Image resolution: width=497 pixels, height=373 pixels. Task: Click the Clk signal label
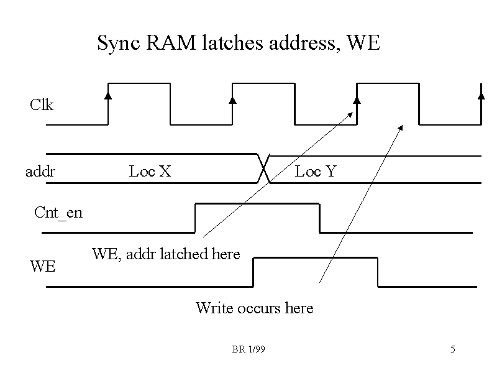pyautogui.click(x=42, y=105)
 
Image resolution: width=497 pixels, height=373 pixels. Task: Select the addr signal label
pyautogui.click(x=40, y=171)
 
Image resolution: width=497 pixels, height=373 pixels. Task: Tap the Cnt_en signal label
pyautogui.click(x=58, y=213)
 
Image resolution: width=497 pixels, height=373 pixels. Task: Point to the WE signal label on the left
pyautogui.click(x=43, y=267)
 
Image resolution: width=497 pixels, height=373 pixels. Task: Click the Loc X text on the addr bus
pyautogui.click(x=150, y=171)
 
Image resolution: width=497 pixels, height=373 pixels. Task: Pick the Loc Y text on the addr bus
pyautogui.click(x=316, y=171)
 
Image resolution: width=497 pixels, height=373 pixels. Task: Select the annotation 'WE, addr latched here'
pyautogui.click(x=166, y=254)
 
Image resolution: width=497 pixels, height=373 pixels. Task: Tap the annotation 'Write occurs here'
pyautogui.click(x=255, y=308)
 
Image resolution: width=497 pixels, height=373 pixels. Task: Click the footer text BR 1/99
pyautogui.click(x=248, y=350)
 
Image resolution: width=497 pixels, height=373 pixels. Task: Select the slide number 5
pyautogui.click(x=453, y=350)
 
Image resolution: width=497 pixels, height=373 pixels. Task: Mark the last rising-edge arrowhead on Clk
pyautogui.click(x=481, y=95)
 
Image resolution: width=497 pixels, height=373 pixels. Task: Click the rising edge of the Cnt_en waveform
pyautogui.click(x=196, y=218)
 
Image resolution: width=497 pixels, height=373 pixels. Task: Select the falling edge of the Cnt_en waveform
pyautogui.click(x=320, y=218)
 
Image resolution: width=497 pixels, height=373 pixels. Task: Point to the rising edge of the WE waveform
pyautogui.click(x=253, y=272)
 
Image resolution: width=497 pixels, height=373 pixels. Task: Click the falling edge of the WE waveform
pyautogui.click(x=378, y=272)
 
